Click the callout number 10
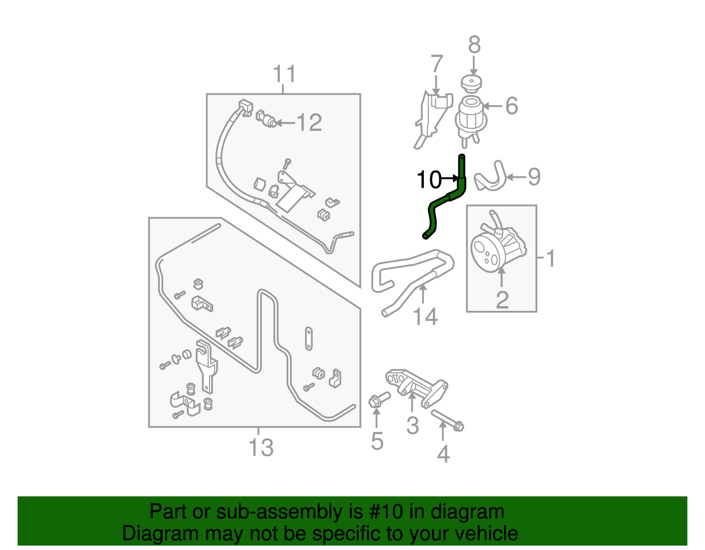click(x=428, y=179)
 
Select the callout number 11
click(x=284, y=74)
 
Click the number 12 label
click(x=309, y=122)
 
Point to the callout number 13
click(x=261, y=448)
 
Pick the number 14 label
click(x=425, y=317)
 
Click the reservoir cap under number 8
click(x=471, y=83)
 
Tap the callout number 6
click(x=511, y=106)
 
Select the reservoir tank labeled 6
click(x=470, y=117)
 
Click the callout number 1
click(x=551, y=258)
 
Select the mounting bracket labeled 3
click(x=416, y=388)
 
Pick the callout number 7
click(x=436, y=64)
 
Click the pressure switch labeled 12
click(x=266, y=118)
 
